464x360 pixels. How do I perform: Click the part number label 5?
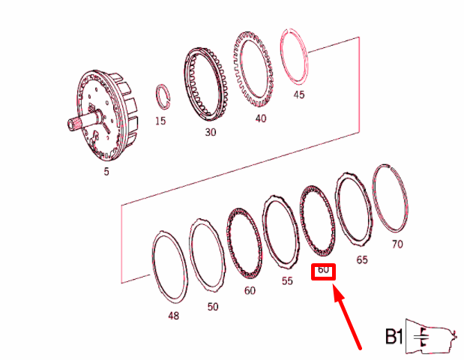click(106, 172)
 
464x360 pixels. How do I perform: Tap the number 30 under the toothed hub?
click(211, 132)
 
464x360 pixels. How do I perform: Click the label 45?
click(299, 95)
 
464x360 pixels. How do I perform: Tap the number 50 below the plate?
click(214, 307)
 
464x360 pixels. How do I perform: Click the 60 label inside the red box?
click(323, 270)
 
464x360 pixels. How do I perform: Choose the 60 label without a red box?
click(249, 290)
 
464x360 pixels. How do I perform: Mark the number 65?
click(362, 260)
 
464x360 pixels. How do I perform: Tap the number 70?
click(397, 244)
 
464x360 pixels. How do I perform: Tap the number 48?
click(173, 316)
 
